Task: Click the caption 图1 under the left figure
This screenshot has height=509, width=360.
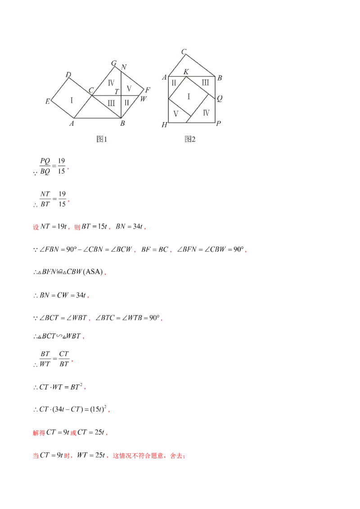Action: point(102,139)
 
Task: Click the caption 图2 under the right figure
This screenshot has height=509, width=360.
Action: point(190,139)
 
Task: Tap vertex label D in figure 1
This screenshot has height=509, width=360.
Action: point(68,75)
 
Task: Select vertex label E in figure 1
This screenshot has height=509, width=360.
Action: point(47,102)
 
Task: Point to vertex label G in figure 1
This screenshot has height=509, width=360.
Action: point(113,63)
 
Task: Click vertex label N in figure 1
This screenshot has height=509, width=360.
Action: point(124,67)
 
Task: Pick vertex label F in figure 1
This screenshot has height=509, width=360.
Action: point(147,89)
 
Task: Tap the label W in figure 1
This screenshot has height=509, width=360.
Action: point(143,99)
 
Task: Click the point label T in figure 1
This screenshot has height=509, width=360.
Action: point(116,92)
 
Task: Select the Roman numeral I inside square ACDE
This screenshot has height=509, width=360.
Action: point(72,100)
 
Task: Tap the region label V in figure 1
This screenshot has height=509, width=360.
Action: point(129,88)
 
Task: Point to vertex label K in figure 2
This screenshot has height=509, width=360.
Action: point(186,72)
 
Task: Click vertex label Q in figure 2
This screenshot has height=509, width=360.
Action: point(219,99)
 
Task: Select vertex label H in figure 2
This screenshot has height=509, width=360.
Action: point(164,125)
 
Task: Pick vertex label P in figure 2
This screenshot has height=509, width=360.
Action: point(218,124)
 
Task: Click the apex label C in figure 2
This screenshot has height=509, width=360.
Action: point(184,52)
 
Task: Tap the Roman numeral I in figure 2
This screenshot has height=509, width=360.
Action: point(188,97)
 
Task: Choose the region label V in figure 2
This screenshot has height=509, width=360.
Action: point(176,114)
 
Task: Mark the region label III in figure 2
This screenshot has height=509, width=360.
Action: point(205,82)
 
